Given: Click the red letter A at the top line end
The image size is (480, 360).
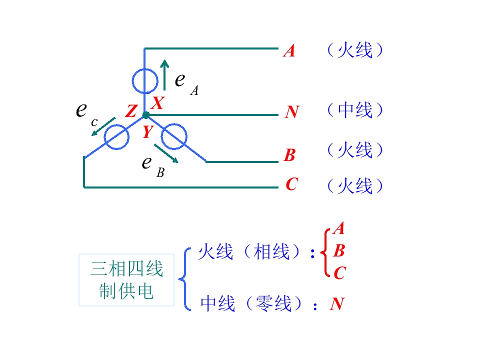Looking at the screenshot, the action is pos(289,51).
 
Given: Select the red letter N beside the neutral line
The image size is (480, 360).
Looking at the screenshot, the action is pos(292,111).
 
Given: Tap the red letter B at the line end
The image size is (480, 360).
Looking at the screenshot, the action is pos(289,155).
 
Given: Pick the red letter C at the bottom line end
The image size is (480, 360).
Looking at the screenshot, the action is pos(291,184).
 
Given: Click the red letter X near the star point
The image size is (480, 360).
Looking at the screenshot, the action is pos(158,103).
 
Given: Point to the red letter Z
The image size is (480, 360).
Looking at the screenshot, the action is pos(131,111).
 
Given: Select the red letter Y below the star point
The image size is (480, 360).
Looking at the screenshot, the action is pos(148,131).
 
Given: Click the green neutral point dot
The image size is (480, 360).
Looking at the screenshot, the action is pos(146,115).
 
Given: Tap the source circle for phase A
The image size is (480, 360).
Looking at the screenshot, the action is pos(132,81).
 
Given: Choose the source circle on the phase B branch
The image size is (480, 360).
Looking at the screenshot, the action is pos(161,136).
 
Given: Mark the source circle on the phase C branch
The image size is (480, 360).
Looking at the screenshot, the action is pos(104,137).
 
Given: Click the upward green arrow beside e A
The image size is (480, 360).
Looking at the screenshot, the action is pos(164,75).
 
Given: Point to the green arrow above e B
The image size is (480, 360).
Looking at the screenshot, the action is pos(166,153).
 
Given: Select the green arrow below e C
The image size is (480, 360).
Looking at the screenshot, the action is pos(103,126).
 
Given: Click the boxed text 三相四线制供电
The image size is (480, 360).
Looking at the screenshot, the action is pos(126,280).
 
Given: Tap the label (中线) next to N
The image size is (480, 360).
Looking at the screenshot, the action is pos(355,110).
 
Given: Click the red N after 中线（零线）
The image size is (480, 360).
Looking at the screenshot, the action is pos(337,304).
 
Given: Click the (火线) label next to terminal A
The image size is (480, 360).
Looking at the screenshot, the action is pos(355,50).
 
